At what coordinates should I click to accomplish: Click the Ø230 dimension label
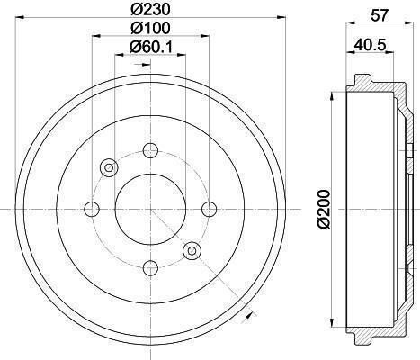pos(150,10)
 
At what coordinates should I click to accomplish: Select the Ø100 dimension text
pos(150,28)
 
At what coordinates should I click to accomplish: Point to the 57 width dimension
pos(380,15)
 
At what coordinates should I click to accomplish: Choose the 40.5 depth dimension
pos(370,45)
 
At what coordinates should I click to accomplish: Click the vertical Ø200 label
pos(325,209)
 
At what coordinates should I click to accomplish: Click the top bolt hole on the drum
pos(150,150)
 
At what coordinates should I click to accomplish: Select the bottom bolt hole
pos(150,268)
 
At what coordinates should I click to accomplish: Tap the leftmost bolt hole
pos(92,210)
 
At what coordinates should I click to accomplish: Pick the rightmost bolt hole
pos(210,210)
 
